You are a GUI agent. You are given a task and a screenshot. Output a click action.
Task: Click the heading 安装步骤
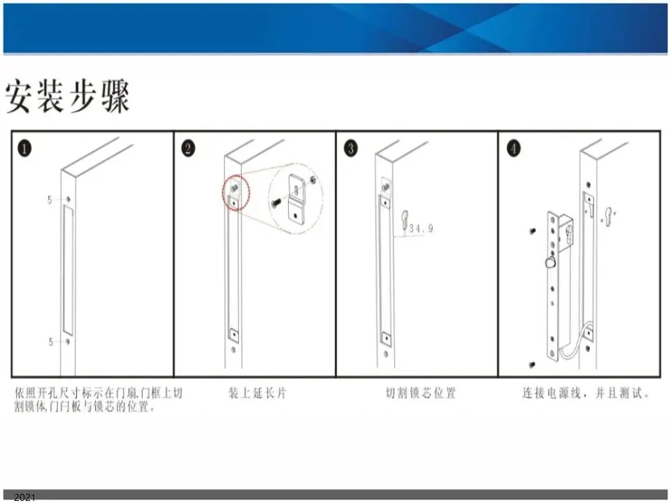(67, 96)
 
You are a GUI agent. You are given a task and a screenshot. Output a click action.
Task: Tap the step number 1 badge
(24, 148)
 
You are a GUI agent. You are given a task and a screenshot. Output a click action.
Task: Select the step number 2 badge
(188, 148)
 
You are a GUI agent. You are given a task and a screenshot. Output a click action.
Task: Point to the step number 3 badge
(350, 148)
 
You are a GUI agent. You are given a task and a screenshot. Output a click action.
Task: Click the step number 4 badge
(514, 148)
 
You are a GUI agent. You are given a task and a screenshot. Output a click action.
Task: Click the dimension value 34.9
(421, 228)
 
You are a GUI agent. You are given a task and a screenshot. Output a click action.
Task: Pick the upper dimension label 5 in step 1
(50, 200)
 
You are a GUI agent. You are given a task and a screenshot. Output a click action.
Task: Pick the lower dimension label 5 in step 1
(50, 342)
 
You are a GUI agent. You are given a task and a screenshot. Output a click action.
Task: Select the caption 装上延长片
(257, 393)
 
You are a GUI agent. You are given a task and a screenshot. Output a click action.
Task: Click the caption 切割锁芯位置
(421, 393)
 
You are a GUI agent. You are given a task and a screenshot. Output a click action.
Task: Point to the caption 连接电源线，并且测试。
(586, 393)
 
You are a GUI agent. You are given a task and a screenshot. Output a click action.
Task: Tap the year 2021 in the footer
(25, 497)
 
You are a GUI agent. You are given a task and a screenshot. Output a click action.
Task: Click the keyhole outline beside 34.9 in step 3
(405, 220)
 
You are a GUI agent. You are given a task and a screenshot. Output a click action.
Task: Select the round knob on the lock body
(550, 262)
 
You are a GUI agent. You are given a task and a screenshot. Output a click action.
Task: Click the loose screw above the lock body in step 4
(533, 231)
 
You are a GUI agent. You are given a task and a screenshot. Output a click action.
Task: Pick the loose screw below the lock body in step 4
(532, 365)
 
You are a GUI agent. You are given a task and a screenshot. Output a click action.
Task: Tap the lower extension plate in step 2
(233, 335)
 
